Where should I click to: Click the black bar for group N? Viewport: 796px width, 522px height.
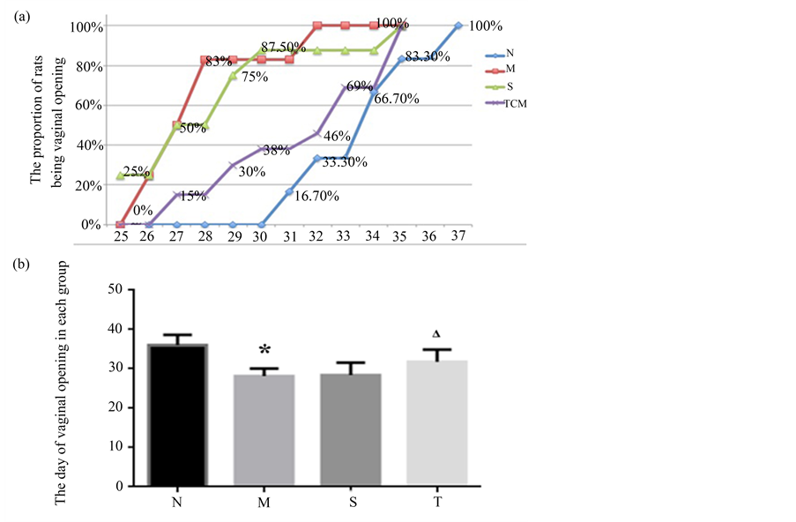coord(178,414)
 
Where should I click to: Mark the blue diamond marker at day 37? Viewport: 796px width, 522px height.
coord(458,26)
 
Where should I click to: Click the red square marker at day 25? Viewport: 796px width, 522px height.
coord(121,224)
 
